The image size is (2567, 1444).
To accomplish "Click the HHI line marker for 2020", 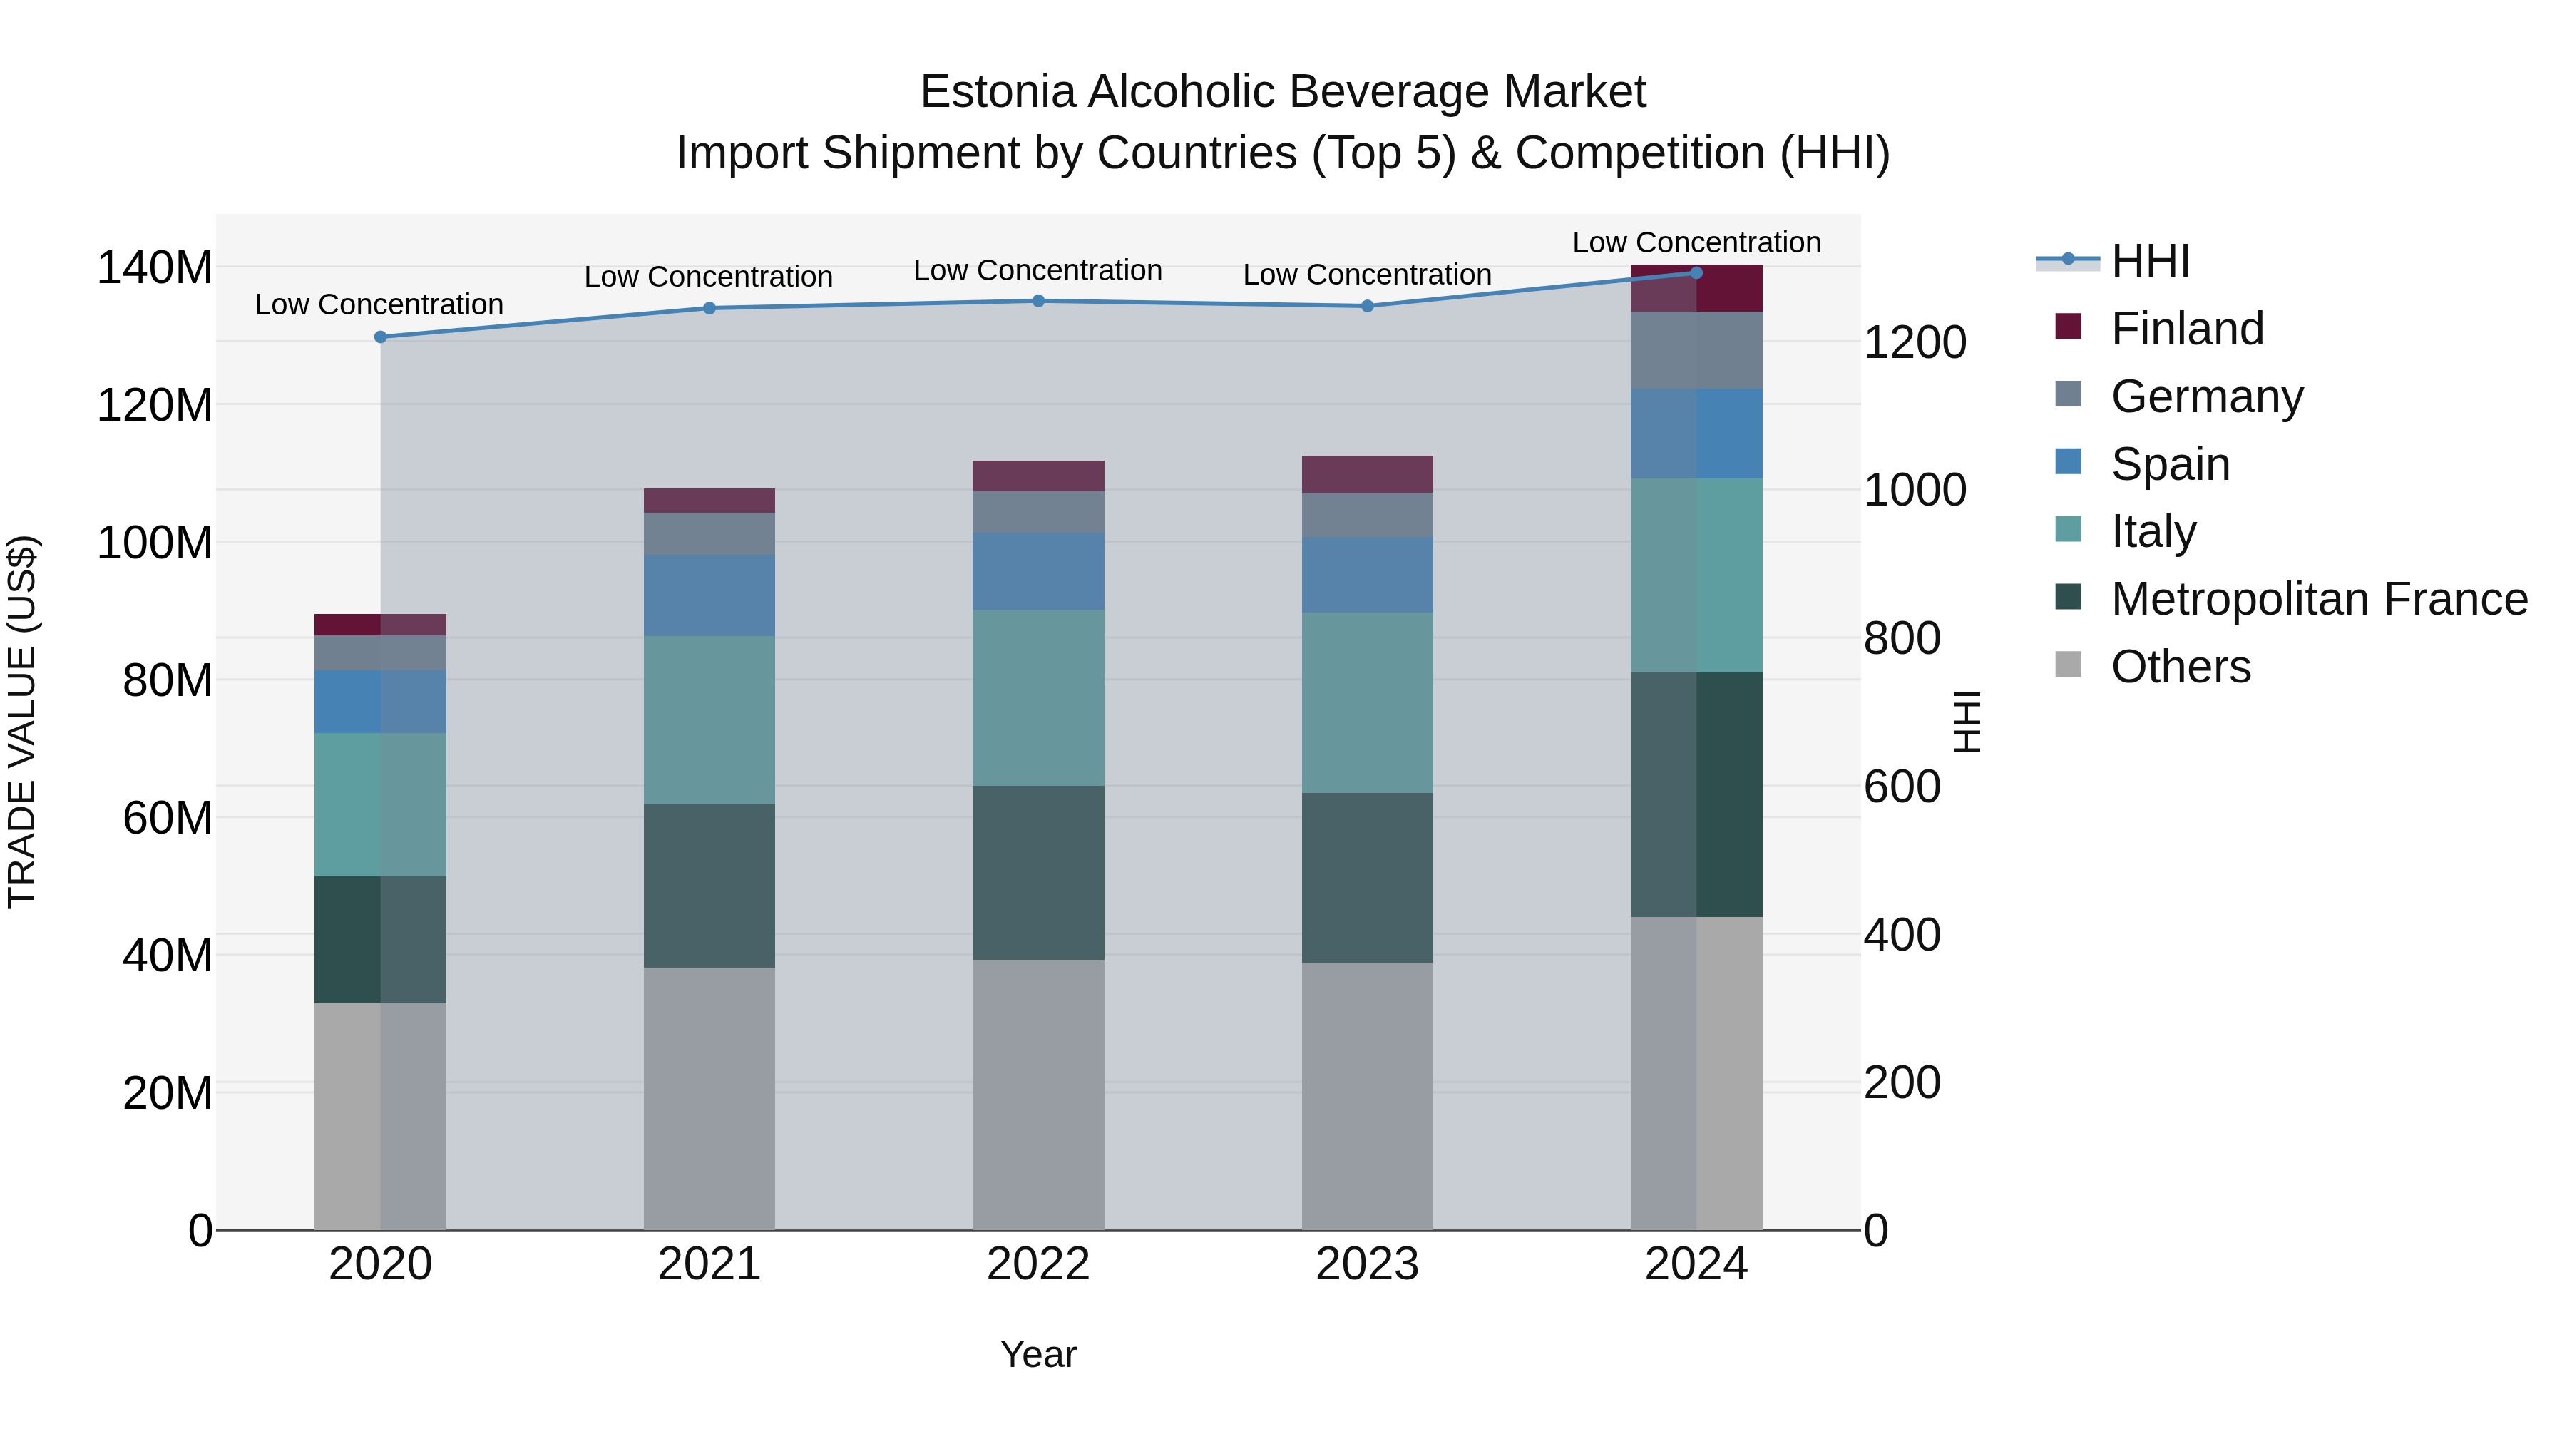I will coord(381,337).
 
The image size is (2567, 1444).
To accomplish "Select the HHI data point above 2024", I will coord(1697,273).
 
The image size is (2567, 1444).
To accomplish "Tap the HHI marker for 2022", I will coord(1038,301).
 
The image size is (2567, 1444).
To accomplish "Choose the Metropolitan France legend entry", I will coord(2318,599).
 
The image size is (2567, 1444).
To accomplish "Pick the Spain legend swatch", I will coord(2069,462).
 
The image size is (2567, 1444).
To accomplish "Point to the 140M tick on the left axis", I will coord(155,268).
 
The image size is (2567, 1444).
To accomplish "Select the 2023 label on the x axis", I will coord(1367,1264).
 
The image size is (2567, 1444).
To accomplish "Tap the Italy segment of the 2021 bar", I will coord(709,720).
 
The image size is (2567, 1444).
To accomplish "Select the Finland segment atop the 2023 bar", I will coord(1367,474).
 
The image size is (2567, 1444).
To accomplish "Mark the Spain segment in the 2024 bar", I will coord(1697,434).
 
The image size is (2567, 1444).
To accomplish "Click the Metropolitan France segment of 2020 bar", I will coord(381,940).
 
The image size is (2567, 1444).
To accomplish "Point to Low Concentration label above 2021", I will coord(709,277).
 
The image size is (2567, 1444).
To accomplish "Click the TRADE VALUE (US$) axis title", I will coord(22,722).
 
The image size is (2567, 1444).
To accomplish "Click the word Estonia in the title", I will coord(998,93).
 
